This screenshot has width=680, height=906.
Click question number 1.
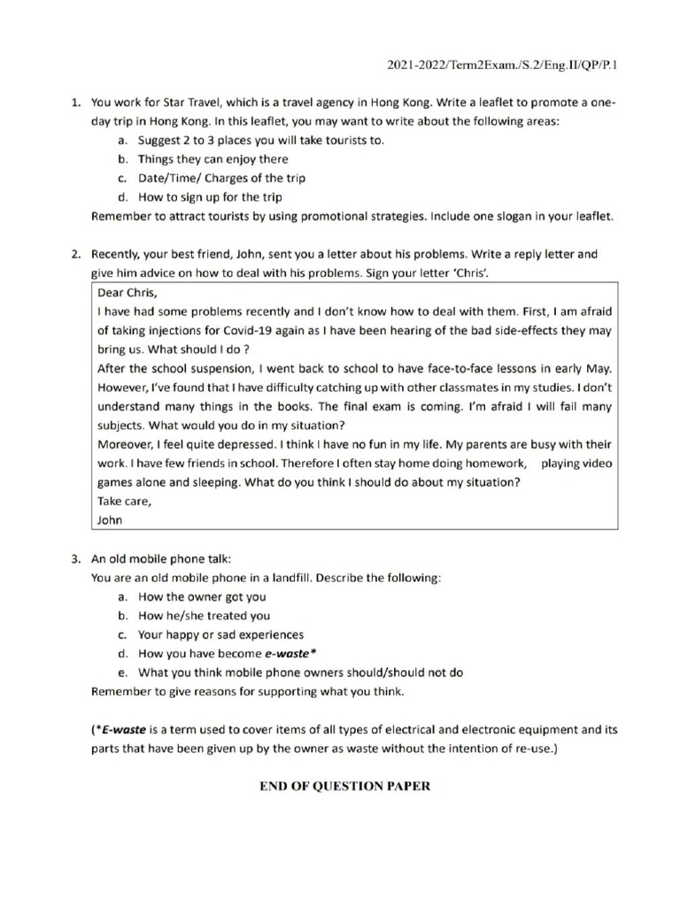(76, 103)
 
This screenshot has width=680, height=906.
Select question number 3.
(76, 559)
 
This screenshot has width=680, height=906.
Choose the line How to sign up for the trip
(210, 196)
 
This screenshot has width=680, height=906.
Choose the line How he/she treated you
(205, 616)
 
